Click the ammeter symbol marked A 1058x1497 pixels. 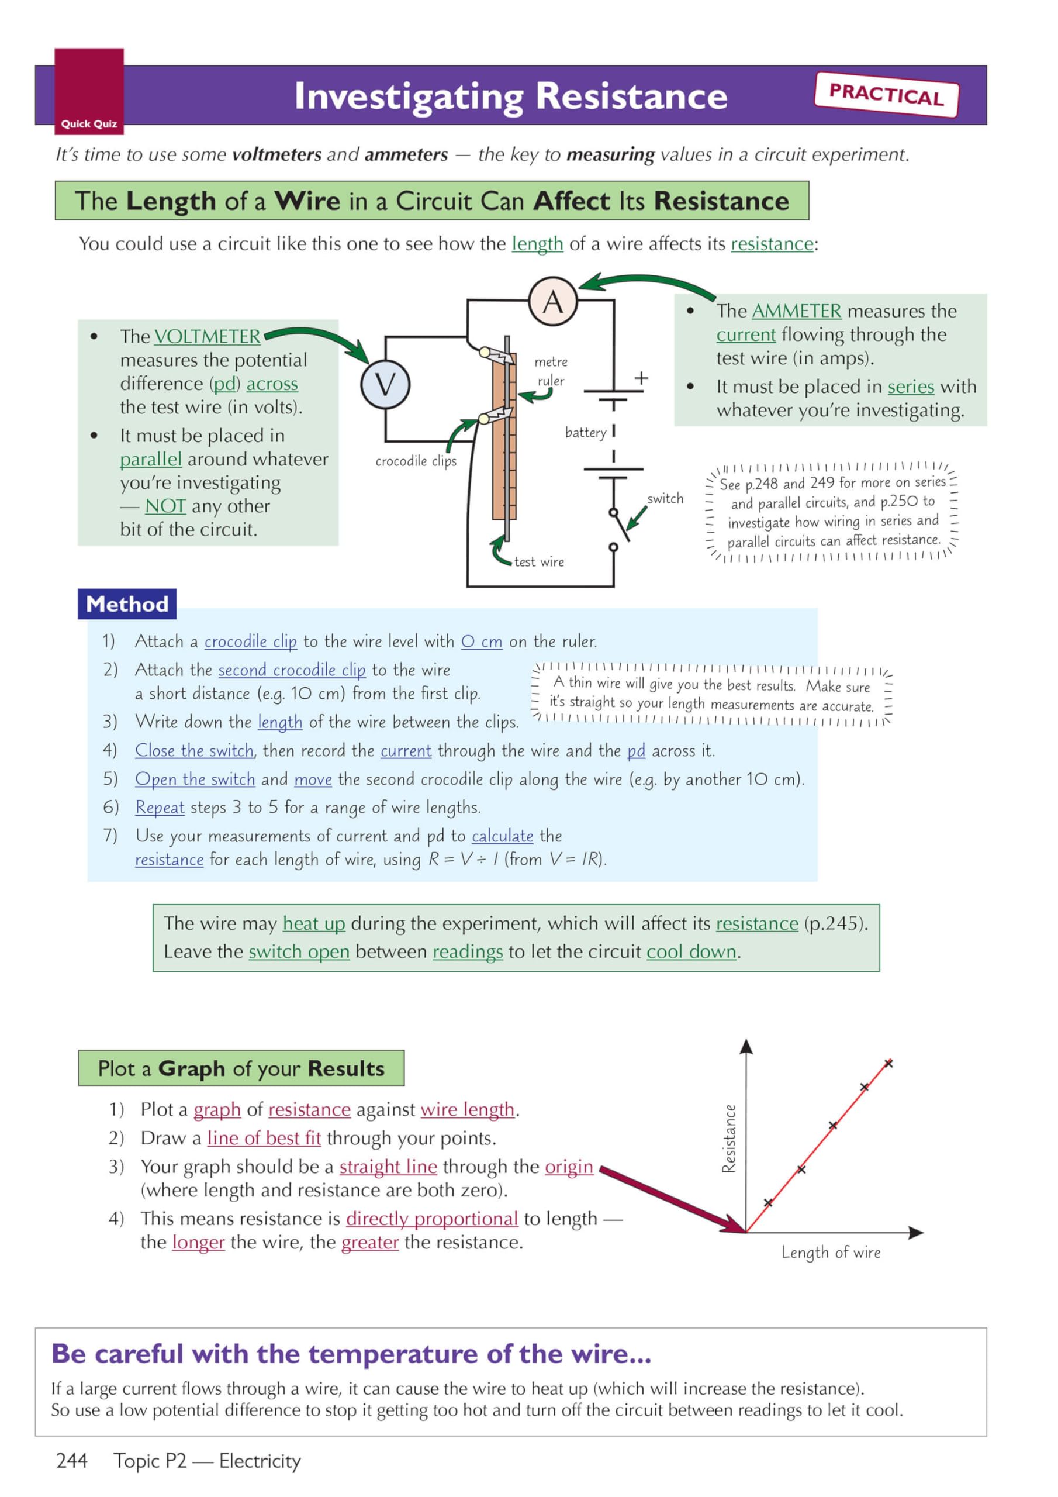[x=552, y=301]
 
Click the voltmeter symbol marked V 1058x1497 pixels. [x=385, y=384]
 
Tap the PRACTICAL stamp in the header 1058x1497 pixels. [x=886, y=95]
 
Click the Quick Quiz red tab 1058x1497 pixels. [x=89, y=91]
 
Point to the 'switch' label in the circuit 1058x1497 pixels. [x=665, y=499]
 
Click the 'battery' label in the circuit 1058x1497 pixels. [x=585, y=432]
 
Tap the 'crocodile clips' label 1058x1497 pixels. [x=416, y=461]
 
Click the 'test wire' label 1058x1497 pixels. [x=539, y=561]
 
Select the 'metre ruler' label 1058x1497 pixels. [x=551, y=371]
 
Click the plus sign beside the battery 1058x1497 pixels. [x=641, y=378]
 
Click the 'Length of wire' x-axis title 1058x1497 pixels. [x=831, y=1253]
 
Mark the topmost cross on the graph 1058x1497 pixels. [x=888, y=1064]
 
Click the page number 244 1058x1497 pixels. [x=72, y=1461]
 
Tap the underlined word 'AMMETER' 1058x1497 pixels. [x=796, y=311]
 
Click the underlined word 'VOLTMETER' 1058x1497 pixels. [x=207, y=336]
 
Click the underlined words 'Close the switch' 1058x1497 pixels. [x=194, y=750]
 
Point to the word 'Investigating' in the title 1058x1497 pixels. [x=408, y=96]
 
